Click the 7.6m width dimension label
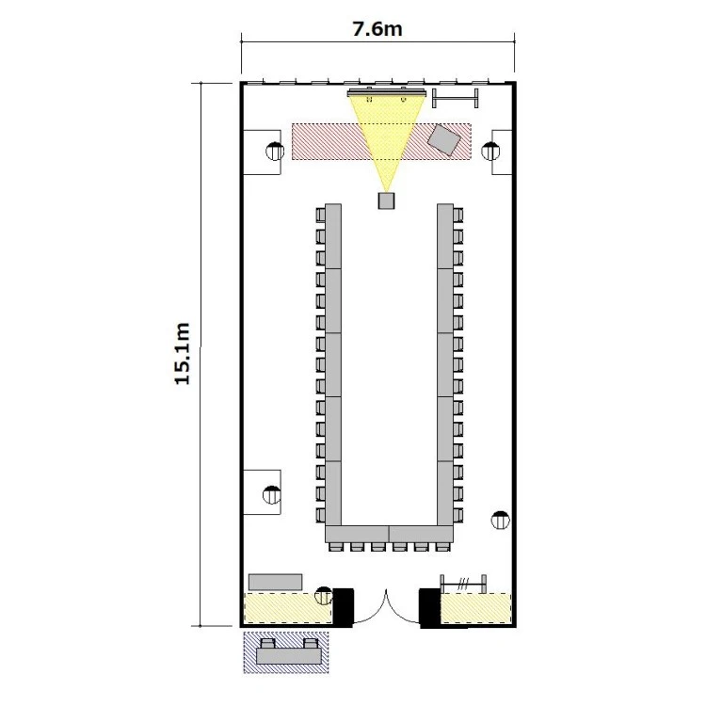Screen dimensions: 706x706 pyautogui.click(x=377, y=29)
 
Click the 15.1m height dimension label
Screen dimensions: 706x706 pyautogui.click(x=183, y=354)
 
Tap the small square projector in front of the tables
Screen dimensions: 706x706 pyautogui.click(x=386, y=201)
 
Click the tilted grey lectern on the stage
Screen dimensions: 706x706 pyautogui.click(x=444, y=140)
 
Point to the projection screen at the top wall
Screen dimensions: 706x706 pyautogui.click(x=387, y=93)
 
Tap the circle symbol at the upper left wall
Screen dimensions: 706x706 pyautogui.click(x=275, y=151)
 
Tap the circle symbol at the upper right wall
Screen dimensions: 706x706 pyautogui.click(x=490, y=151)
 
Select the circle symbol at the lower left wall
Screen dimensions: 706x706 pyautogui.click(x=271, y=495)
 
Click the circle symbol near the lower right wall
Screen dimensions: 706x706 pyautogui.click(x=500, y=520)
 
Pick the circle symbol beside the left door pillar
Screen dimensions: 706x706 pyautogui.click(x=323, y=596)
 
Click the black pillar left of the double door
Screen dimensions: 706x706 pyautogui.click(x=343, y=607)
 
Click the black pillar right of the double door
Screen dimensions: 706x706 pyautogui.click(x=429, y=607)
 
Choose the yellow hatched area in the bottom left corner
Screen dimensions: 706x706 pyautogui.click(x=288, y=608)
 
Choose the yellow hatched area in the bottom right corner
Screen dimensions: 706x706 pyautogui.click(x=475, y=608)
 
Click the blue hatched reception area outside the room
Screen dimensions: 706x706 pyautogui.click(x=286, y=652)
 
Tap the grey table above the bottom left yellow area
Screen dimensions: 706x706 pyautogui.click(x=275, y=582)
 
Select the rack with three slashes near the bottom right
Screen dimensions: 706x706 pyautogui.click(x=463, y=585)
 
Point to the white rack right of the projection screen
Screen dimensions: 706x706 pyautogui.click(x=455, y=98)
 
